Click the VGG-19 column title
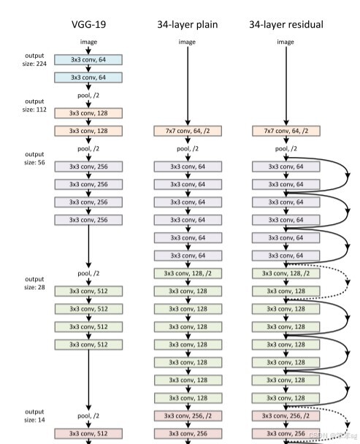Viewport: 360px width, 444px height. point(88,24)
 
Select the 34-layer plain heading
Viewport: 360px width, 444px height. point(187,24)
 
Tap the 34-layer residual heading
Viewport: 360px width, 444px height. point(286,24)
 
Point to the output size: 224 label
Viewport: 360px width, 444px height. point(34,59)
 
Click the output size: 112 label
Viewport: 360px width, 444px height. point(34,105)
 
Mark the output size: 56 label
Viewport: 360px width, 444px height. point(34,158)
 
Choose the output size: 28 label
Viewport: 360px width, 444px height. point(34,283)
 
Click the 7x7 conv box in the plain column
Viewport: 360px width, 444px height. point(187,131)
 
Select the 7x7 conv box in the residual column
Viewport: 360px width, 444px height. point(286,131)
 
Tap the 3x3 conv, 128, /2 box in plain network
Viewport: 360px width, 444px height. point(187,273)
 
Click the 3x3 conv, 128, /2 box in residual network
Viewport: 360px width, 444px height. point(286,273)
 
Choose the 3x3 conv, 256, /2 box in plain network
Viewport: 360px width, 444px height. point(187,416)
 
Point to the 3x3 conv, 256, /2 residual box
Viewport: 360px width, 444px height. point(286,416)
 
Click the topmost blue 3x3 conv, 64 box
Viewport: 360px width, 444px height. point(88,59)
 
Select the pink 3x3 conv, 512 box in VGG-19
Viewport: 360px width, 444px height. point(88,433)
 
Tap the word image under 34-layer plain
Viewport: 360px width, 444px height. point(187,42)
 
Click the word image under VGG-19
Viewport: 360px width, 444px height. point(88,42)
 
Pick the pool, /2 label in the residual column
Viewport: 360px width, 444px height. point(286,148)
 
